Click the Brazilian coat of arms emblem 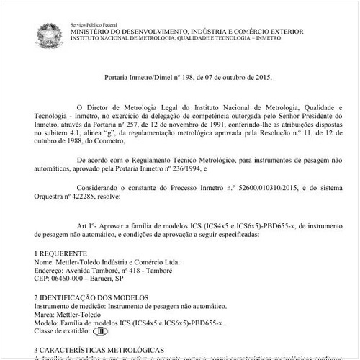point(50,32)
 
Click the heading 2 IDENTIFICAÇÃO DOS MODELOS point(91,298)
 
